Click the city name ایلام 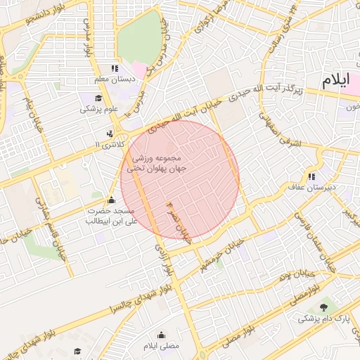click(335, 80)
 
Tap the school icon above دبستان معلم click(115, 68)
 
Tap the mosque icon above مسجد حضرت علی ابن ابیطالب click(110, 200)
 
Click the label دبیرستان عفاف click(311, 188)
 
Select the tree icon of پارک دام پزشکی click(323, 307)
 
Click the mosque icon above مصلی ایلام click(162, 335)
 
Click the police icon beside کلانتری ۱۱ click(109, 134)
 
